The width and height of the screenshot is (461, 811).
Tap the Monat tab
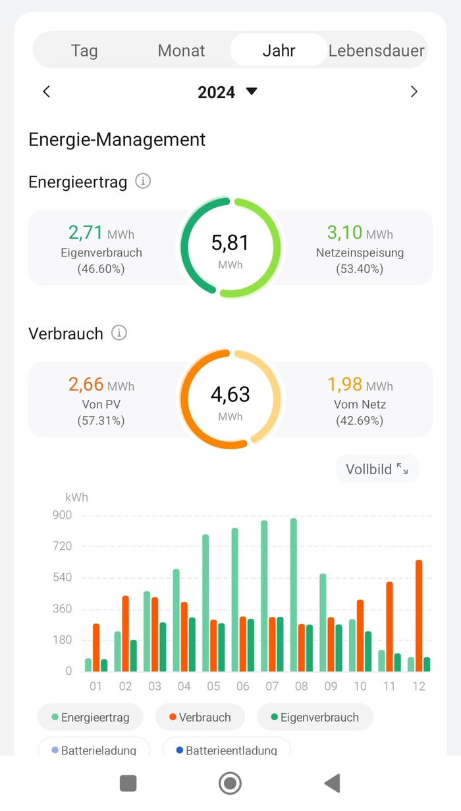[181, 51]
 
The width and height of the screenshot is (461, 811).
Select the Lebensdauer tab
[377, 51]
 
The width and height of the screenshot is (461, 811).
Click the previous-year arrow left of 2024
[46, 92]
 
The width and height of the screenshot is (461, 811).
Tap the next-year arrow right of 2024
[414, 92]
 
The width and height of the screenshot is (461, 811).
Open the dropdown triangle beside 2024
[252, 91]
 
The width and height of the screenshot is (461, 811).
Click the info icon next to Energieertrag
[143, 181]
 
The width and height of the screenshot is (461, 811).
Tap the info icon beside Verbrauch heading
[119, 333]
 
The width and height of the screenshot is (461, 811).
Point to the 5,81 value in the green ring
[230, 243]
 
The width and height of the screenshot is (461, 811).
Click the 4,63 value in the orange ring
[230, 395]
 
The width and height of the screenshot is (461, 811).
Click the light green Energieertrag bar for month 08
[294, 595]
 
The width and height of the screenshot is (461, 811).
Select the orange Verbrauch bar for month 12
[419, 615]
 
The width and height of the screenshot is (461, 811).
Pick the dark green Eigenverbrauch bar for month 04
[192, 644]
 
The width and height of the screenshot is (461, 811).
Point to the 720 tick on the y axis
[62, 547]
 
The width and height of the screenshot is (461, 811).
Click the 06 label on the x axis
[243, 687]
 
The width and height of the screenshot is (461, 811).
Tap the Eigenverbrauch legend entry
[315, 718]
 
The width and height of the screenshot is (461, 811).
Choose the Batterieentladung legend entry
[226, 750]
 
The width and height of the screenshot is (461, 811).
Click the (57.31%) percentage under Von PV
[101, 420]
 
